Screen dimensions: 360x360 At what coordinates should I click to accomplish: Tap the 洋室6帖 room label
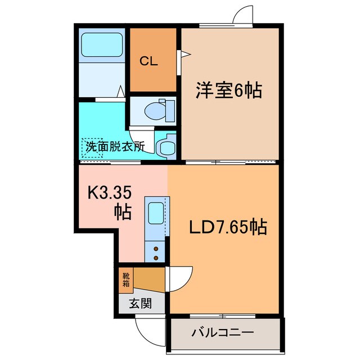click(229, 91)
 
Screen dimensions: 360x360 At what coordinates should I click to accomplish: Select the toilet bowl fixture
click(154, 111)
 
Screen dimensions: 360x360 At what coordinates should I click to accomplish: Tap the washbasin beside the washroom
click(165, 147)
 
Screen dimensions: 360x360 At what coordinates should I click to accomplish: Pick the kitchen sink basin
click(155, 214)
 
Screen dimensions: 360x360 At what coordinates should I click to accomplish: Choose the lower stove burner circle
click(156, 258)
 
